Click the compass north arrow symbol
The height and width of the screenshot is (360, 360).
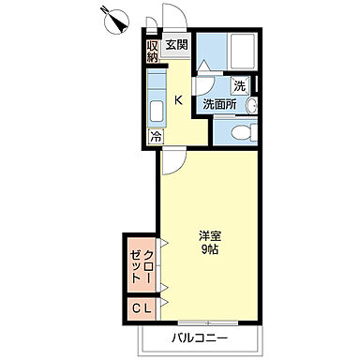click(x=114, y=18)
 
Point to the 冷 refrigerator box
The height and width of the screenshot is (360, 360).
click(x=155, y=135)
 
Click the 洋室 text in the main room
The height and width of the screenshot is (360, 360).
click(x=209, y=236)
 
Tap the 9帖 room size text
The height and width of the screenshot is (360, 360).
click(x=209, y=251)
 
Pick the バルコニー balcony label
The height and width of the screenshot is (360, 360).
click(x=199, y=337)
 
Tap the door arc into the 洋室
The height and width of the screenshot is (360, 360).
click(x=170, y=163)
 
